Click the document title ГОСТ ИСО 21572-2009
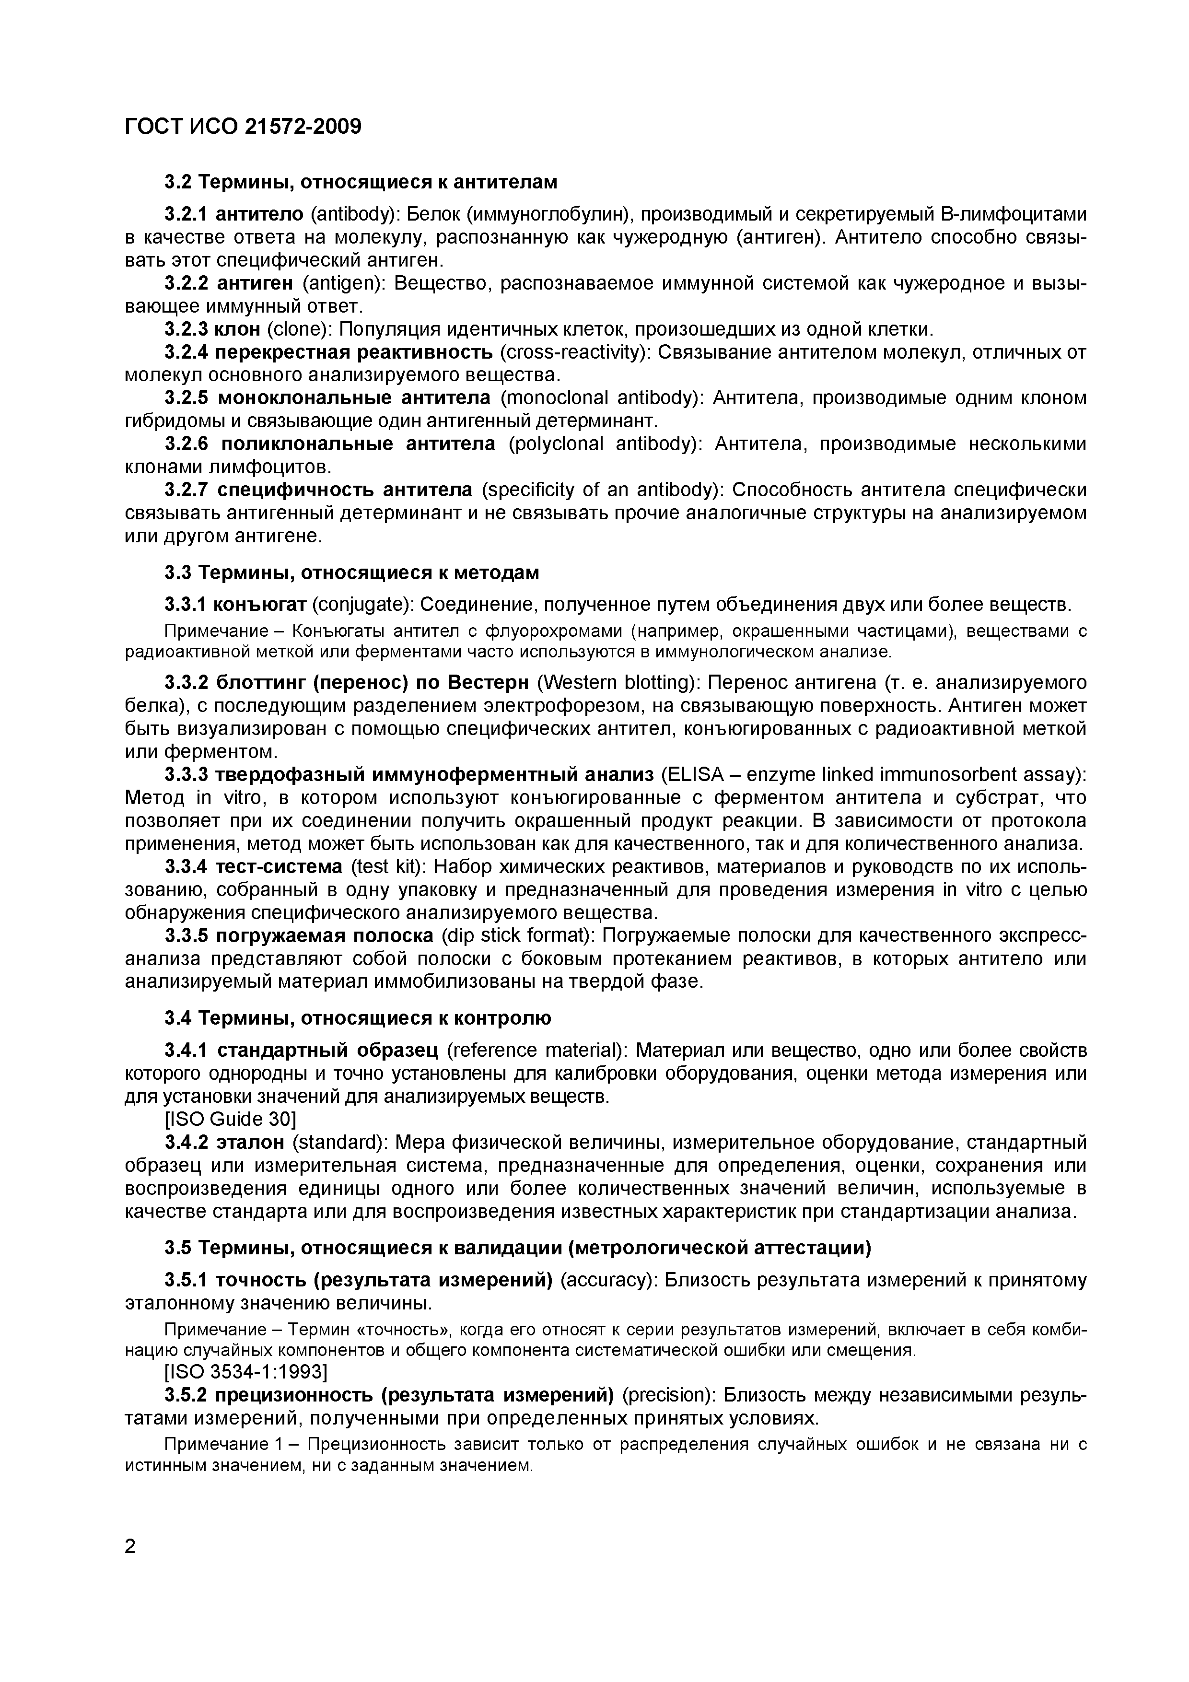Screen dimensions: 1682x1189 (x=243, y=127)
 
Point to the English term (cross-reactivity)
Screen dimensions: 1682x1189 (x=575, y=352)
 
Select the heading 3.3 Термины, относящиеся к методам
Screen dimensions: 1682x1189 (x=351, y=572)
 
